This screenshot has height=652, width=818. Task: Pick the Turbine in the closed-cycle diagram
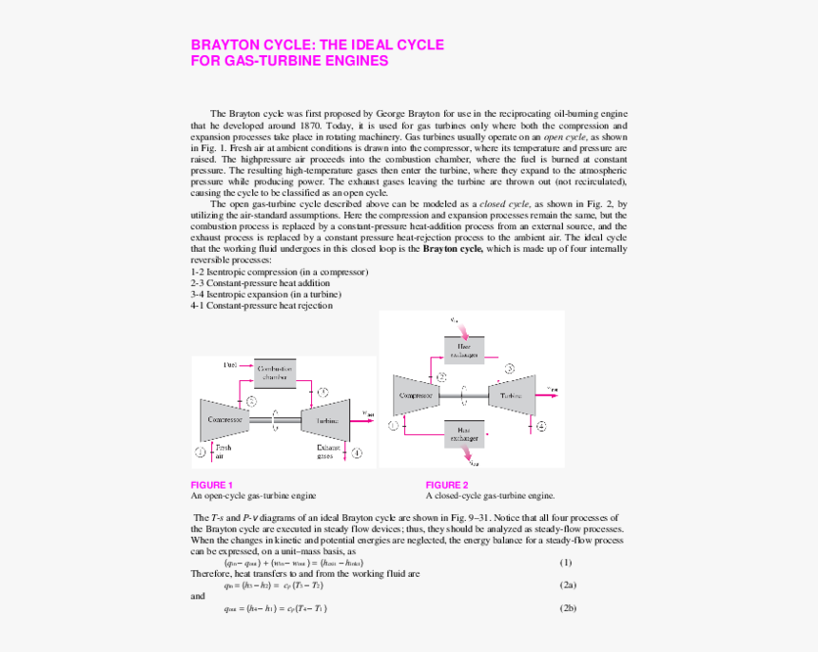point(512,394)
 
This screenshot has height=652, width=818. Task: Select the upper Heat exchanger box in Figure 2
point(464,350)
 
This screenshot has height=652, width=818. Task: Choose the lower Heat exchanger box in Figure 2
point(462,433)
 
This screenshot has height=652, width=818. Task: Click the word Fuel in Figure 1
point(230,364)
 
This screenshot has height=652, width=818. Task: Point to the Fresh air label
point(223,451)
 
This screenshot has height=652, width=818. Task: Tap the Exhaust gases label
point(329,451)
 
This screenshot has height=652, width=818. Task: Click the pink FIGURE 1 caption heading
point(211,485)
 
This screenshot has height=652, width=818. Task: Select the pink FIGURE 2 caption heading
point(446,485)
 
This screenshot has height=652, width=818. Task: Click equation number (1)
point(565,563)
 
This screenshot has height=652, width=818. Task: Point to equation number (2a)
point(568,585)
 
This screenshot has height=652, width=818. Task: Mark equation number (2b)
point(568,608)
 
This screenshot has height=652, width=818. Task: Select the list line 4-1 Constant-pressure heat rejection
point(262,306)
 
